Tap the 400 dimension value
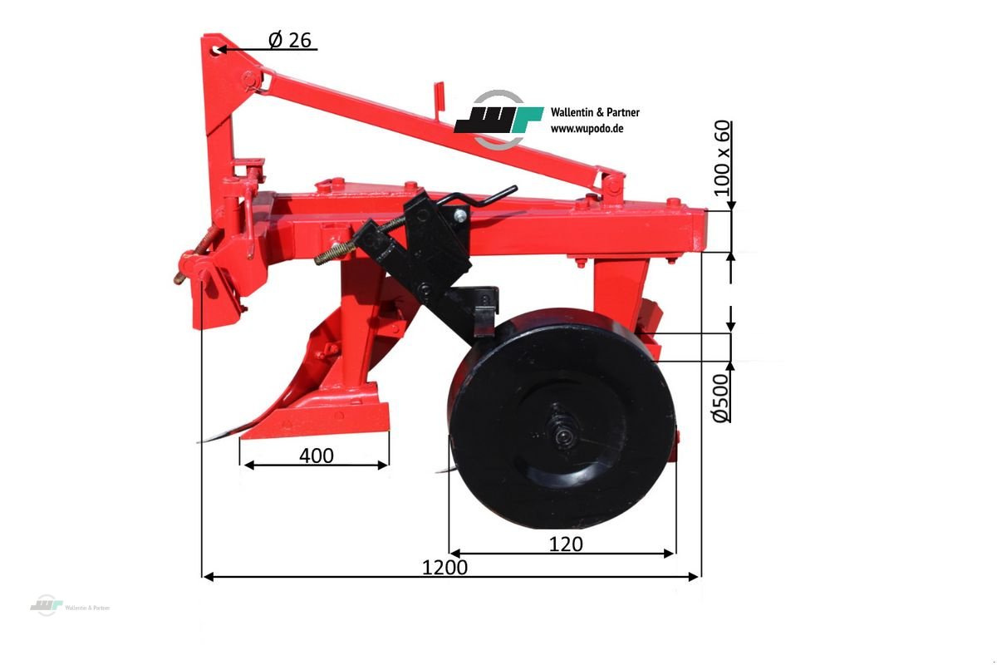tap(316, 455)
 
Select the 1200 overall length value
tap(444, 568)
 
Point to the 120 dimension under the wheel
tap(566, 544)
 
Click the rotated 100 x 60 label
tap(723, 158)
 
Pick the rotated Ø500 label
tap(721, 397)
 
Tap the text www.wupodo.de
tap(587, 129)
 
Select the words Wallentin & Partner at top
tap(595, 112)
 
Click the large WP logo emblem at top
tap(498, 120)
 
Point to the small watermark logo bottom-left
tap(47, 606)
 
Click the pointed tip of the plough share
tap(202, 441)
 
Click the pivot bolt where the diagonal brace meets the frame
tap(612, 185)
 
